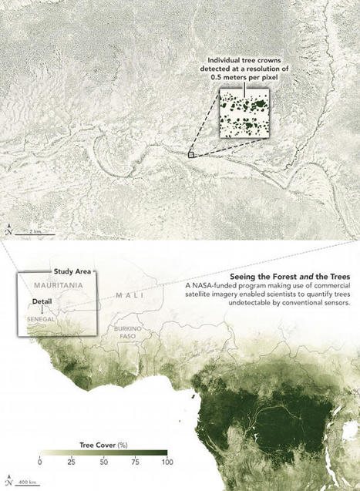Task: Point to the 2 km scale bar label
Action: pyautogui.click(x=36, y=229)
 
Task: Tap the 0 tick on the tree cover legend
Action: pyautogui.click(x=40, y=462)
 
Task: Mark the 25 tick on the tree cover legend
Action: pyautogui.click(x=71, y=462)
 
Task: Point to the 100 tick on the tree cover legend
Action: pyautogui.click(x=164, y=462)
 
